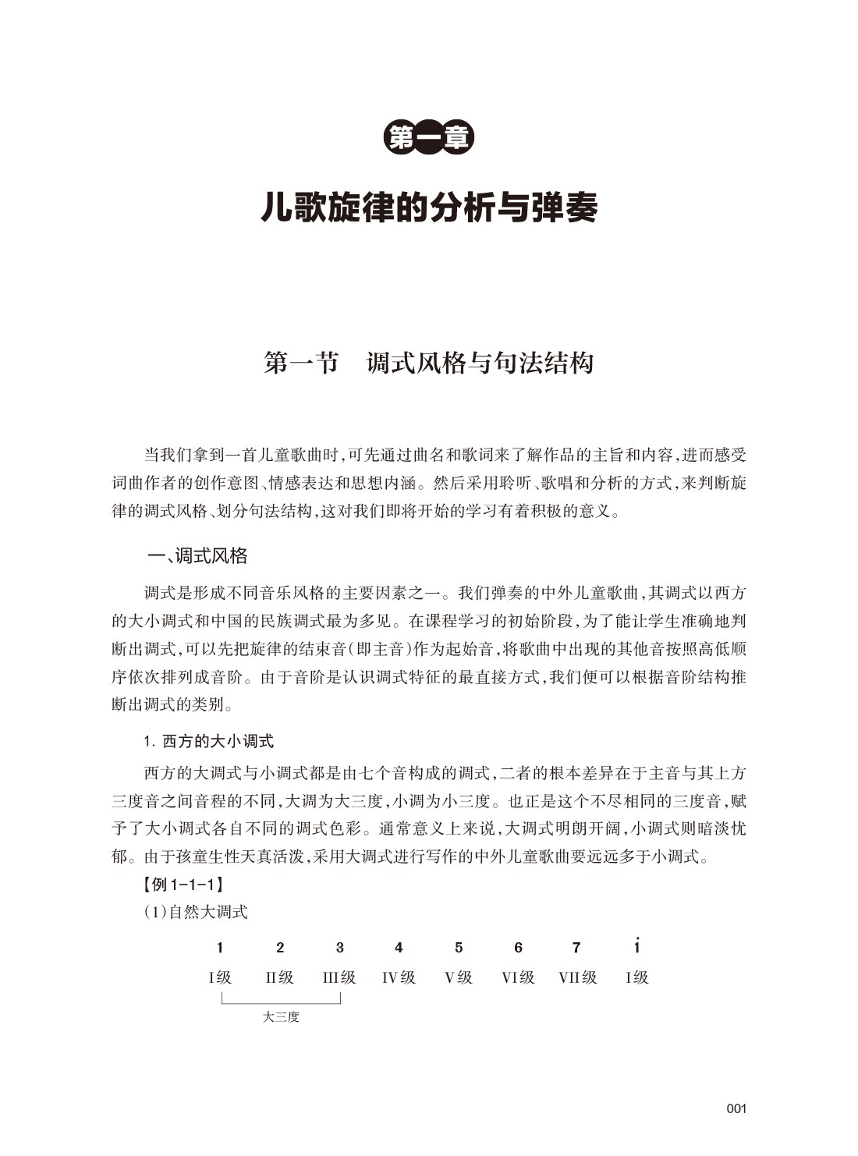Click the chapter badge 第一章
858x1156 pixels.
tap(429, 138)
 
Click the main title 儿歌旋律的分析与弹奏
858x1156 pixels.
tap(429, 207)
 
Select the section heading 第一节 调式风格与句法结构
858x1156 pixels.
tap(429, 363)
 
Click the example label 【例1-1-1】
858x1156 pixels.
tap(180, 885)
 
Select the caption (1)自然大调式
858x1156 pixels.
tap(195, 911)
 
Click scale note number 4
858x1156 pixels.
tap(399, 948)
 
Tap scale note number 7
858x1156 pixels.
tap(576, 948)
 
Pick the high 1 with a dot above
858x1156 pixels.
tap(637, 946)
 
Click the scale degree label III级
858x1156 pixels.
tap(339, 977)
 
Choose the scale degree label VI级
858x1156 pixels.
tap(518, 977)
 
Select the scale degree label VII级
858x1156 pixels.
tap(578, 977)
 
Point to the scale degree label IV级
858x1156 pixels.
tap(399, 977)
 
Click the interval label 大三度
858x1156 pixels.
tap(281, 1017)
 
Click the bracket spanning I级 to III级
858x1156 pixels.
tap(281, 1002)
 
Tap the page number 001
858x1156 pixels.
tap(736, 1108)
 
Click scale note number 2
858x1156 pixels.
tap(280, 948)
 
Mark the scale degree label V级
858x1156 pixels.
tap(459, 977)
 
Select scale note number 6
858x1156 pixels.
tap(518, 948)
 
